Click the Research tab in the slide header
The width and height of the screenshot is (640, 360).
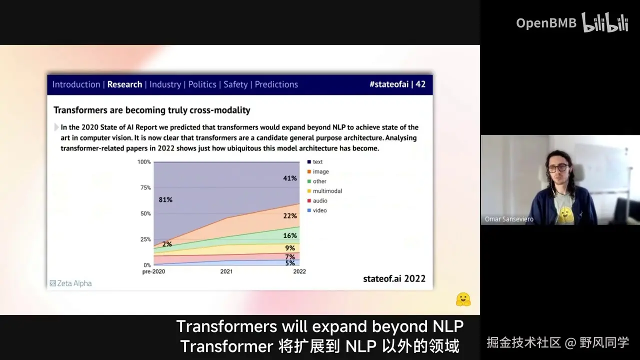[x=124, y=84]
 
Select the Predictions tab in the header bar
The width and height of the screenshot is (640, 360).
[x=276, y=84]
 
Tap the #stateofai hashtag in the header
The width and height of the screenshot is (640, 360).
[x=389, y=84]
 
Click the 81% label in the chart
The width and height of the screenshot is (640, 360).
[x=165, y=199]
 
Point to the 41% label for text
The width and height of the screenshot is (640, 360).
[x=290, y=178]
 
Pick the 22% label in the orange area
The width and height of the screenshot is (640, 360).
[x=290, y=216]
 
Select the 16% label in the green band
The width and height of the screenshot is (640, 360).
[x=290, y=235]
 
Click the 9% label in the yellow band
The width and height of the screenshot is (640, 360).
[x=290, y=248]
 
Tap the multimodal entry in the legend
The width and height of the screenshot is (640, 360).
[x=324, y=191]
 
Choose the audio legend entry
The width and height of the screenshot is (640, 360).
[x=317, y=200]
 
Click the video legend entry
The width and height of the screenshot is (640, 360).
[x=317, y=210]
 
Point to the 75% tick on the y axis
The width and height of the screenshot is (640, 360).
[x=145, y=187]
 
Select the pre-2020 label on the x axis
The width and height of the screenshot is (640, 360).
[x=153, y=271]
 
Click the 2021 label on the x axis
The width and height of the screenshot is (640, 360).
[x=226, y=271]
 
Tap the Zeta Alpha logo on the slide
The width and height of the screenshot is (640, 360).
[x=71, y=283]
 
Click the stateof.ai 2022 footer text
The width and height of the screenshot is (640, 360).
[x=394, y=278]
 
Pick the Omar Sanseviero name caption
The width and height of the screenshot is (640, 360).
[x=509, y=219]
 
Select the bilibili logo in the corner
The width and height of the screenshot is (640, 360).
[x=605, y=22]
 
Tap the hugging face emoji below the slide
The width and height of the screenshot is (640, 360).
[x=463, y=299]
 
